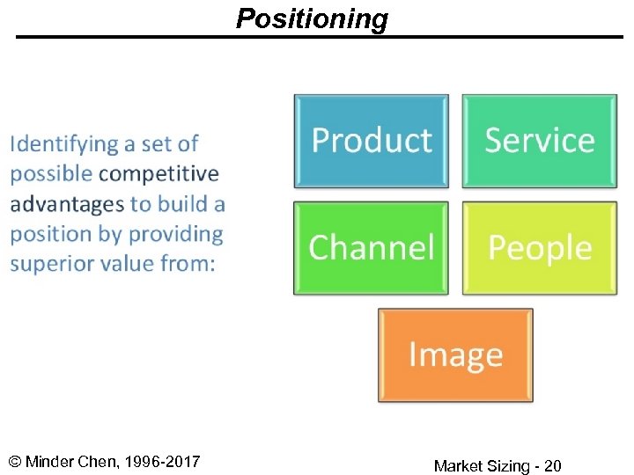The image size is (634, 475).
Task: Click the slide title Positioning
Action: (312, 18)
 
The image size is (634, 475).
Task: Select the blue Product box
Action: (371, 141)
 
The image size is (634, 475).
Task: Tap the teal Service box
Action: (539, 141)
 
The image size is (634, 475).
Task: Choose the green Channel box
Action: (371, 248)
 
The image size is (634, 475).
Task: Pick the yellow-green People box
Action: (539, 248)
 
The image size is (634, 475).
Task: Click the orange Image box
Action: (455, 355)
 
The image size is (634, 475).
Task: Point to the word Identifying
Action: (63, 144)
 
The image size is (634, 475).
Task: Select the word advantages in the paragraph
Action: (67, 204)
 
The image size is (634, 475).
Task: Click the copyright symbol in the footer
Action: (15, 462)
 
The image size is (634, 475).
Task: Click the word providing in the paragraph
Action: (176, 235)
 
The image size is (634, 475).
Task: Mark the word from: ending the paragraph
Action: (187, 264)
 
